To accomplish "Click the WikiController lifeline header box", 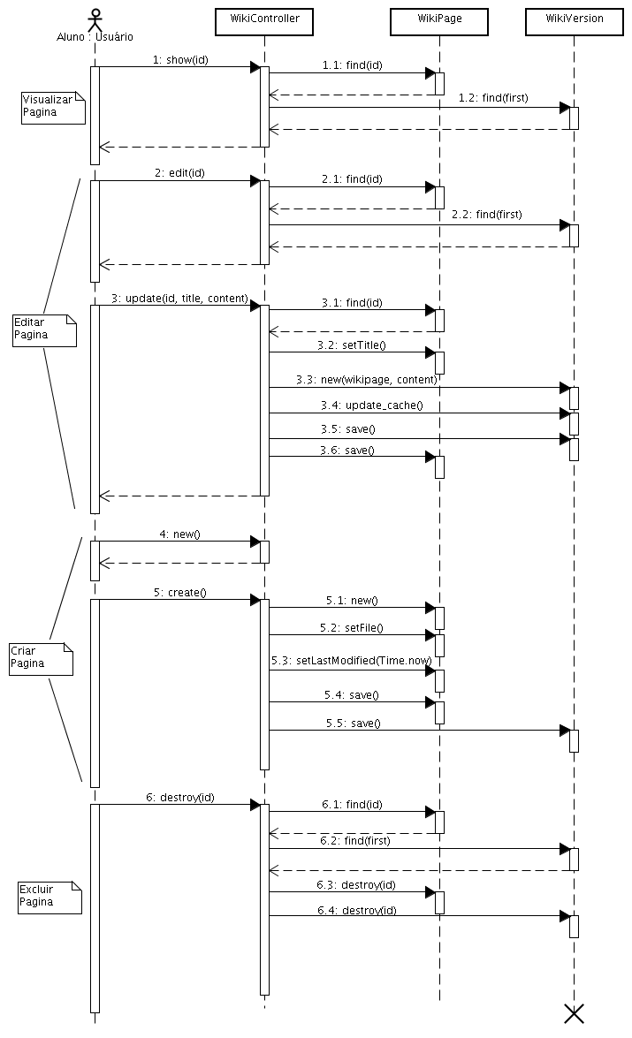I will click(x=264, y=19).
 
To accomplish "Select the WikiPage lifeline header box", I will click(x=439, y=19).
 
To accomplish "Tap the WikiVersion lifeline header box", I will click(x=575, y=19).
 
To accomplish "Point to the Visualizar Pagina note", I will click(x=51, y=107).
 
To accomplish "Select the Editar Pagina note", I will click(x=43, y=329).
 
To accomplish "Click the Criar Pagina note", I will click(x=41, y=657).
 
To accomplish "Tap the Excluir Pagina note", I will click(x=49, y=896).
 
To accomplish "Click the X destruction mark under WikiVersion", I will click(x=575, y=1013).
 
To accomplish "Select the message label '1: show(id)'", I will click(x=180, y=60).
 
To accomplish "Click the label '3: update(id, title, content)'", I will click(x=179, y=299).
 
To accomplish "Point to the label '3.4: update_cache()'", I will click(x=371, y=405).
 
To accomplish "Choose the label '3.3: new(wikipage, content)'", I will click(x=366, y=380).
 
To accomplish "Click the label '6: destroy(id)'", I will click(x=180, y=797).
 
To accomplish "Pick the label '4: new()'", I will click(x=179, y=534).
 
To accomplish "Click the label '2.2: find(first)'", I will click(x=486, y=215).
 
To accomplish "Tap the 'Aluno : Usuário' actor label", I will click(x=94, y=36).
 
